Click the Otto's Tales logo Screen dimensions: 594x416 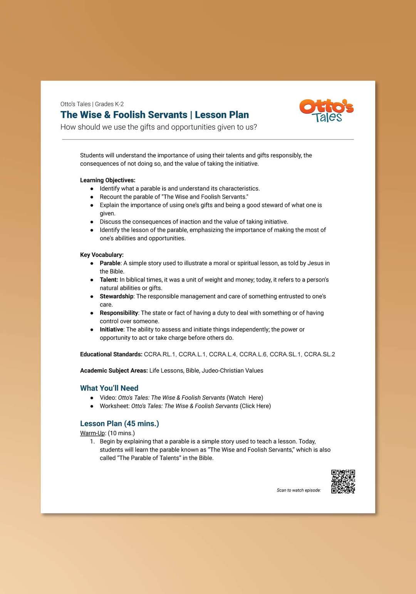pyautogui.click(x=327, y=111)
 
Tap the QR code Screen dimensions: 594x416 pyautogui.click(x=343, y=481)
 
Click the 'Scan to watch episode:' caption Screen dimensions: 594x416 pyautogui.click(x=299, y=490)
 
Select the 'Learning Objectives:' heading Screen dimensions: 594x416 pyautogui.click(x=107, y=180)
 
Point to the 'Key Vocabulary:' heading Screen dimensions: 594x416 pyautogui.click(x=102, y=255)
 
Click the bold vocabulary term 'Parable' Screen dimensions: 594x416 pyautogui.click(x=110, y=263)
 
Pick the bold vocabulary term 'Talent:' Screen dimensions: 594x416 pyautogui.click(x=109, y=280)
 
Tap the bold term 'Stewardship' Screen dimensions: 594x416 pyautogui.click(x=116, y=296)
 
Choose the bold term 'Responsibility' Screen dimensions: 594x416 pyautogui.click(x=119, y=313)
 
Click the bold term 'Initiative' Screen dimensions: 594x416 pyautogui.click(x=111, y=329)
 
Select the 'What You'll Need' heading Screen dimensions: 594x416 pyautogui.click(x=109, y=388)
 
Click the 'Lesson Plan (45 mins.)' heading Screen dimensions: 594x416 pyautogui.click(x=119, y=423)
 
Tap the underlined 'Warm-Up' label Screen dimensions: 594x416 pyautogui.click(x=92, y=433)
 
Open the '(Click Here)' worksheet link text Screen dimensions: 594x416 pyautogui.click(x=255, y=406)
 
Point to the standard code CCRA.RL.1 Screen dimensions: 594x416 pyautogui.click(x=160, y=354)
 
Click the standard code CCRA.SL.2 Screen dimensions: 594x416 pyautogui.click(x=319, y=354)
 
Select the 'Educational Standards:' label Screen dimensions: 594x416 pyautogui.click(x=111, y=354)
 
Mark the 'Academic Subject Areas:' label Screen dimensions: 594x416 pyautogui.click(x=114, y=371)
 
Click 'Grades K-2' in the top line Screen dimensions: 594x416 pyautogui.click(x=109, y=104)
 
